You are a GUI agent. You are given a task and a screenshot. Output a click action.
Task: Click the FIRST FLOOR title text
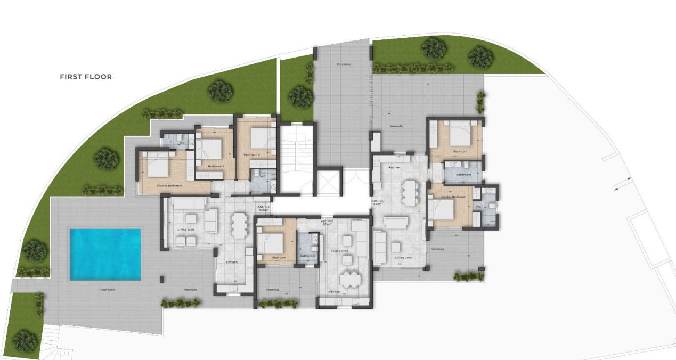(86, 77)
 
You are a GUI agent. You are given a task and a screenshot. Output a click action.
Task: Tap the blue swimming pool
(105, 254)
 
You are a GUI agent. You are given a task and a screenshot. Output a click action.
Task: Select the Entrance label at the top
(344, 64)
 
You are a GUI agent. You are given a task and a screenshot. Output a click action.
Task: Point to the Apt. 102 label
(263, 208)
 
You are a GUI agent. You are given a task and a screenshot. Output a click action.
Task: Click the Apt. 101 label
(377, 202)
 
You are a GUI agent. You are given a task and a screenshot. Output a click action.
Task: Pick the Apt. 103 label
(327, 222)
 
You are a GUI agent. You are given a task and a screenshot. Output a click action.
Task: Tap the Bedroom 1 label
(215, 167)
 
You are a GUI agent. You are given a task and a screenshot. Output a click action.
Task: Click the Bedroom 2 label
(251, 154)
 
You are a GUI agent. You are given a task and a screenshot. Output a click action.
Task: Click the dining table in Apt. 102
(239, 224)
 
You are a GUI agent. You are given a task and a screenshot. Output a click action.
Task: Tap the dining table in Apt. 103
(349, 278)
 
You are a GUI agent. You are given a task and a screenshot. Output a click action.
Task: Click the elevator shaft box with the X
(329, 183)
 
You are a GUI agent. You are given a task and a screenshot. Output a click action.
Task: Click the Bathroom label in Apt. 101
(463, 175)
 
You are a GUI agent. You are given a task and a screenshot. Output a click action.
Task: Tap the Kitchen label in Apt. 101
(394, 168)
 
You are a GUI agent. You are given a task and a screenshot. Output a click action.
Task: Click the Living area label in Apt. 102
(185, 230)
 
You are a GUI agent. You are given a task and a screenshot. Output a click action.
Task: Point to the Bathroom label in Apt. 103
(307, 256)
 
